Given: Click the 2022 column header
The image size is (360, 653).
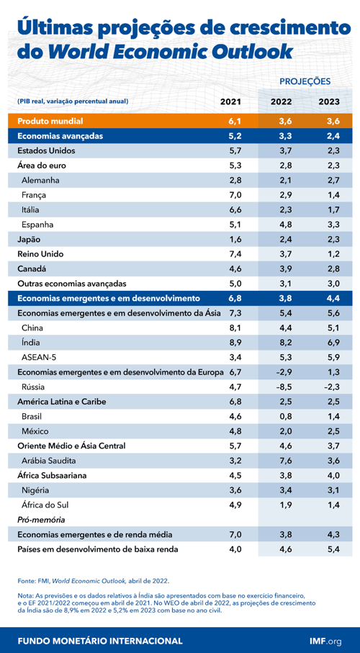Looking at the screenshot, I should tap(281, 102).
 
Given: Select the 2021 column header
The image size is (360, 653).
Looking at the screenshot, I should tap(230, 102).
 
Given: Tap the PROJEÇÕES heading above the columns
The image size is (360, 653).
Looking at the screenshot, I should tap(305, 81).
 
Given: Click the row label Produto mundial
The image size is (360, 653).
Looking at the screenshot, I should tap(50, 121).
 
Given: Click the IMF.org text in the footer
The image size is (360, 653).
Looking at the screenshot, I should tap(325, 640).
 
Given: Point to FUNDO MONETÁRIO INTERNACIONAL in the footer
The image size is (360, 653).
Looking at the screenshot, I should tap(99, 640).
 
